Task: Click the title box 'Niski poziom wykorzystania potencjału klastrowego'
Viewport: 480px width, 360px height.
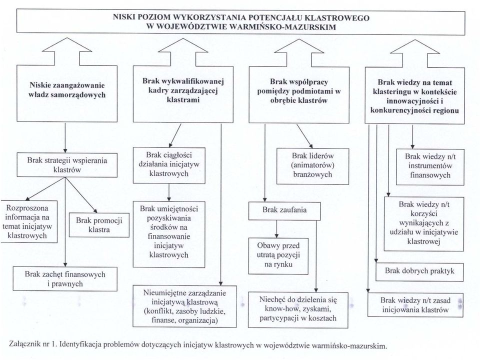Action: click(240, 21)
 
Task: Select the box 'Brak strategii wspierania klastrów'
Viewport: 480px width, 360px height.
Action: click(67, 165)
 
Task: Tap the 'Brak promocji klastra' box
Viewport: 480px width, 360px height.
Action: click(99, 225)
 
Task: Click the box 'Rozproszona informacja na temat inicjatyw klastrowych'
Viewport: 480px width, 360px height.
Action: click(29, 221)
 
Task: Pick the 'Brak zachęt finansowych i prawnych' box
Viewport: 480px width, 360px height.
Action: click(65, 279)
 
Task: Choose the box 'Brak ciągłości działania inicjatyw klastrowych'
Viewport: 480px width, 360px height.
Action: click(169, 165)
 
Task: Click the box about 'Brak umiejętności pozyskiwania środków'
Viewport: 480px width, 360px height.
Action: click(169, 234)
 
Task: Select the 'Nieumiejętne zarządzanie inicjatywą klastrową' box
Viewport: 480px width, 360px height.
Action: click(184, 306)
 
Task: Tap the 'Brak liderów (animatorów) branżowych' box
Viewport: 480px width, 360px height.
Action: click(312, 166)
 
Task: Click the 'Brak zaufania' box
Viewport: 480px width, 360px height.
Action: click(284, 210)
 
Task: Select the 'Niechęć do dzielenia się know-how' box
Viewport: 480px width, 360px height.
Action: click(298, 309)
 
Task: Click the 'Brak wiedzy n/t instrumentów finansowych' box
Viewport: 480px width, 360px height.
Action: click(430, 167)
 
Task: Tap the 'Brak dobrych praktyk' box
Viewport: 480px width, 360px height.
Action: click(419, 272)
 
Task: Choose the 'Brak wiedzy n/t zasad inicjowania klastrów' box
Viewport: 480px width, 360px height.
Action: click(415, 304)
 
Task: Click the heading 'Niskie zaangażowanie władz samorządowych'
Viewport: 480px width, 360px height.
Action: click(67, 90)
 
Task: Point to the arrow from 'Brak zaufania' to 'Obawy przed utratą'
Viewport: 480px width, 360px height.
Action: click(276, 228)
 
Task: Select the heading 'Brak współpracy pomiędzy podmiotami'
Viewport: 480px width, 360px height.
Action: click(299, 91)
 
